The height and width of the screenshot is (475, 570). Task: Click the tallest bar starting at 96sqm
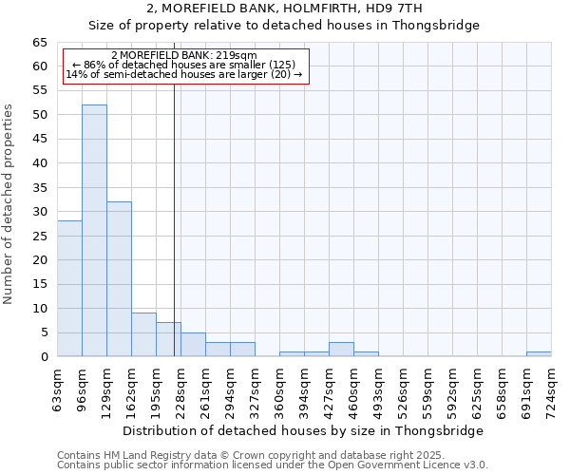(x=94, y=231)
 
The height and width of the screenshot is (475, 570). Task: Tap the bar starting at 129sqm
(x=119, y=279)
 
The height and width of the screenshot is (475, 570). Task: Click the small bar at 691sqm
(x=539, y=354)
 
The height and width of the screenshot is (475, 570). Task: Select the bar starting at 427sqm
(x=341, y=350)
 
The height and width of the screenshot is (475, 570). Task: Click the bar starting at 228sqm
(x=193, y=345)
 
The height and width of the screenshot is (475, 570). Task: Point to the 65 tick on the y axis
(x=39, y=43)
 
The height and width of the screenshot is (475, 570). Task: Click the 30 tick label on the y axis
(x=39, y=212)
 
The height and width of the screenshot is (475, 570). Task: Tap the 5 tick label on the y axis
(x=43, y=332)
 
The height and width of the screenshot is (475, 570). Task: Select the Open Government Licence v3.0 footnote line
(x=273, y=465)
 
